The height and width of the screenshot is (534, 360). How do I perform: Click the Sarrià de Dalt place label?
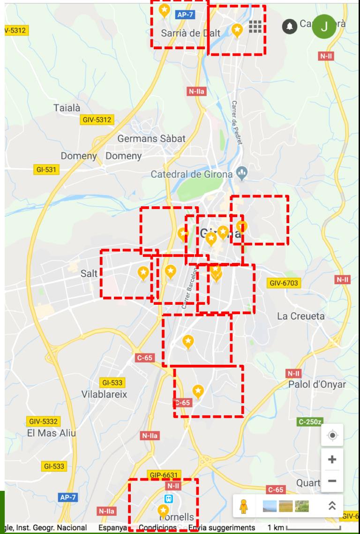pos(187,33)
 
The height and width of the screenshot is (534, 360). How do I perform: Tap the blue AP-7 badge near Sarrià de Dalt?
pos(185,15)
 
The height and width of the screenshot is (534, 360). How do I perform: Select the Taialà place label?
pos(67,108)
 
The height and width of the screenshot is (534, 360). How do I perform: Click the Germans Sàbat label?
pos(151,139)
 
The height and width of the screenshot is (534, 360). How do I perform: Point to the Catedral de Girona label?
pos(192,174)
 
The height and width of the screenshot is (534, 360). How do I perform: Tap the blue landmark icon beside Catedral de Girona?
pos(242,174)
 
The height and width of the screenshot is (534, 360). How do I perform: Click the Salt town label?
pos(89,273)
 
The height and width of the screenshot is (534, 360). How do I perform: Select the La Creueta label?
pos(300,316)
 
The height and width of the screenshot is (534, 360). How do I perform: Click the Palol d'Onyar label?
pos(317,384)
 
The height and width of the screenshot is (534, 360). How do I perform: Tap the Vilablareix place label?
pos(104,394)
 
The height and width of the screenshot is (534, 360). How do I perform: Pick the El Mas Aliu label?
pos(51,433)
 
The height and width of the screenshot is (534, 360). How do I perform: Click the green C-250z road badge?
pos(310,422)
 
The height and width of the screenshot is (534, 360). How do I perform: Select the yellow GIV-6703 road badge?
pos(284,283)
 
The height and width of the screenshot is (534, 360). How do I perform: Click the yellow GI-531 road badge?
pos(46,170)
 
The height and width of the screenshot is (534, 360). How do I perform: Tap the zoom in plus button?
pos(332,459)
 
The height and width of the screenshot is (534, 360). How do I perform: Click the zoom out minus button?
pos(332,481)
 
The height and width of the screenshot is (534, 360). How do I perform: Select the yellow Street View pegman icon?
pos(243,506)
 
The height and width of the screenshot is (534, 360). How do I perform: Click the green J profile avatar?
pos(324,27)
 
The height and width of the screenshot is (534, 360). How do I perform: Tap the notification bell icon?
pos(290,26)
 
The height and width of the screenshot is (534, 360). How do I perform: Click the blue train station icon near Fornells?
pos(169,499)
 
